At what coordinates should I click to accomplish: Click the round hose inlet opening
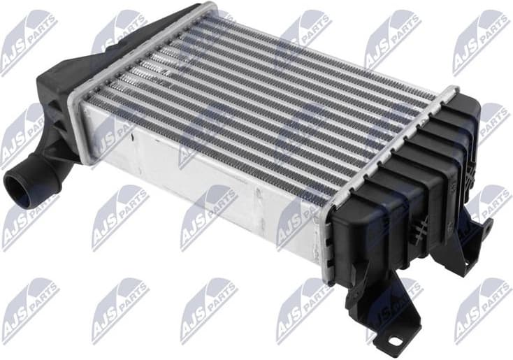[x=21, y=185]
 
